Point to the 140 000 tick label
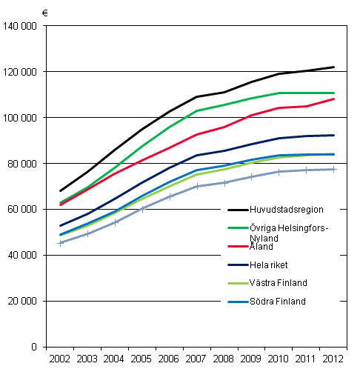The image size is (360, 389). (x=21, y=26)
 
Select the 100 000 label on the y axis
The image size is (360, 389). (x=21, y=118)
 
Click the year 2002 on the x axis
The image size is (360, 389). (x=60, y=359)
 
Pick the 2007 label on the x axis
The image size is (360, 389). (x=197, y=359)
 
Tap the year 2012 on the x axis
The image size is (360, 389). (x=333, y=359)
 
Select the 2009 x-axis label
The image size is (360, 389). (x=252, y=359)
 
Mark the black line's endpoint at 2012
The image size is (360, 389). (x=333, y=67)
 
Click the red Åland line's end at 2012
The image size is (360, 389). (x=333, y=99)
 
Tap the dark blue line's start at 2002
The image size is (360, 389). (x=61, y=225)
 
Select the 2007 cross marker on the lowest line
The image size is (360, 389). (x=197, y=186)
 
